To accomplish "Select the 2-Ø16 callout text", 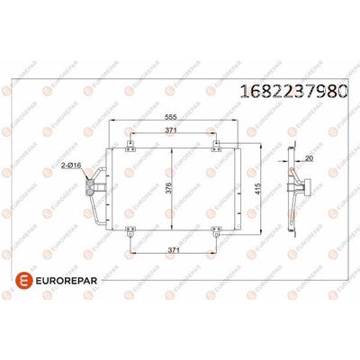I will click(x=72, y=167).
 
